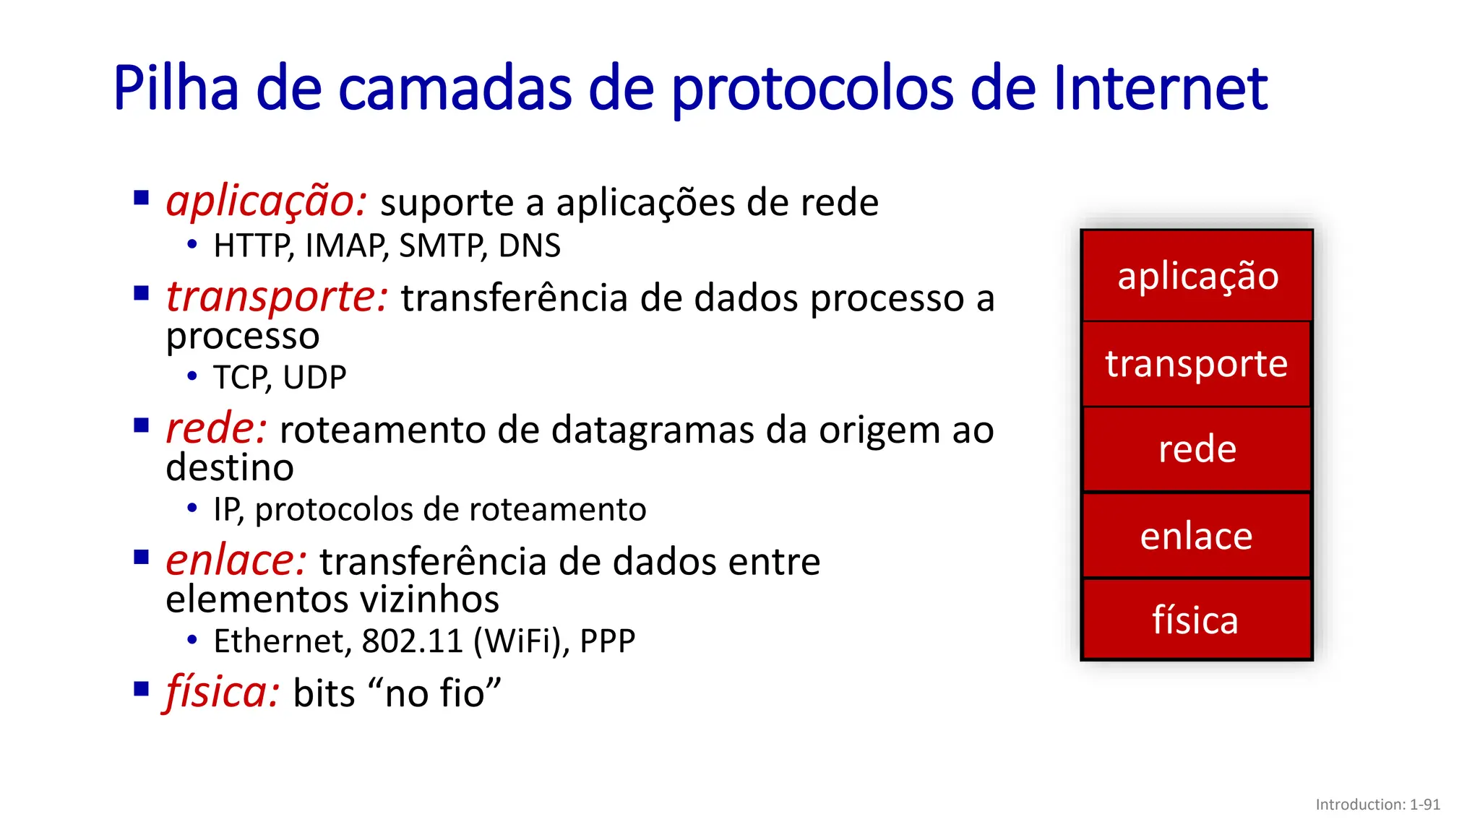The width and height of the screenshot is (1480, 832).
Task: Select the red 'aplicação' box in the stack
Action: coord(1197,276)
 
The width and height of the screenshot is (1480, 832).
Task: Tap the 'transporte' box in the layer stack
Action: coord(1197,364)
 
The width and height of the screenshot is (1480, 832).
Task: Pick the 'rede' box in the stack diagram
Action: coord(1197,449)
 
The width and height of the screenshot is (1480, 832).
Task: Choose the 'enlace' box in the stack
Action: coord(1197,536)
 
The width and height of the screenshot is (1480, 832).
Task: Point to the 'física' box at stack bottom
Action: coord(1197,620)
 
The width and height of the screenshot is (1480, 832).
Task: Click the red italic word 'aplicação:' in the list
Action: coord(267,201)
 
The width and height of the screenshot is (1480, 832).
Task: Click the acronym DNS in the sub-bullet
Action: coord(529,246)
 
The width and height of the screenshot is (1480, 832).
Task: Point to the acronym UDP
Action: coord(314,378)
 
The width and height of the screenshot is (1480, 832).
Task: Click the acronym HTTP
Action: coord(252,246)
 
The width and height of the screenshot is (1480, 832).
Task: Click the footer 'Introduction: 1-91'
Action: coord(1377,805)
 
